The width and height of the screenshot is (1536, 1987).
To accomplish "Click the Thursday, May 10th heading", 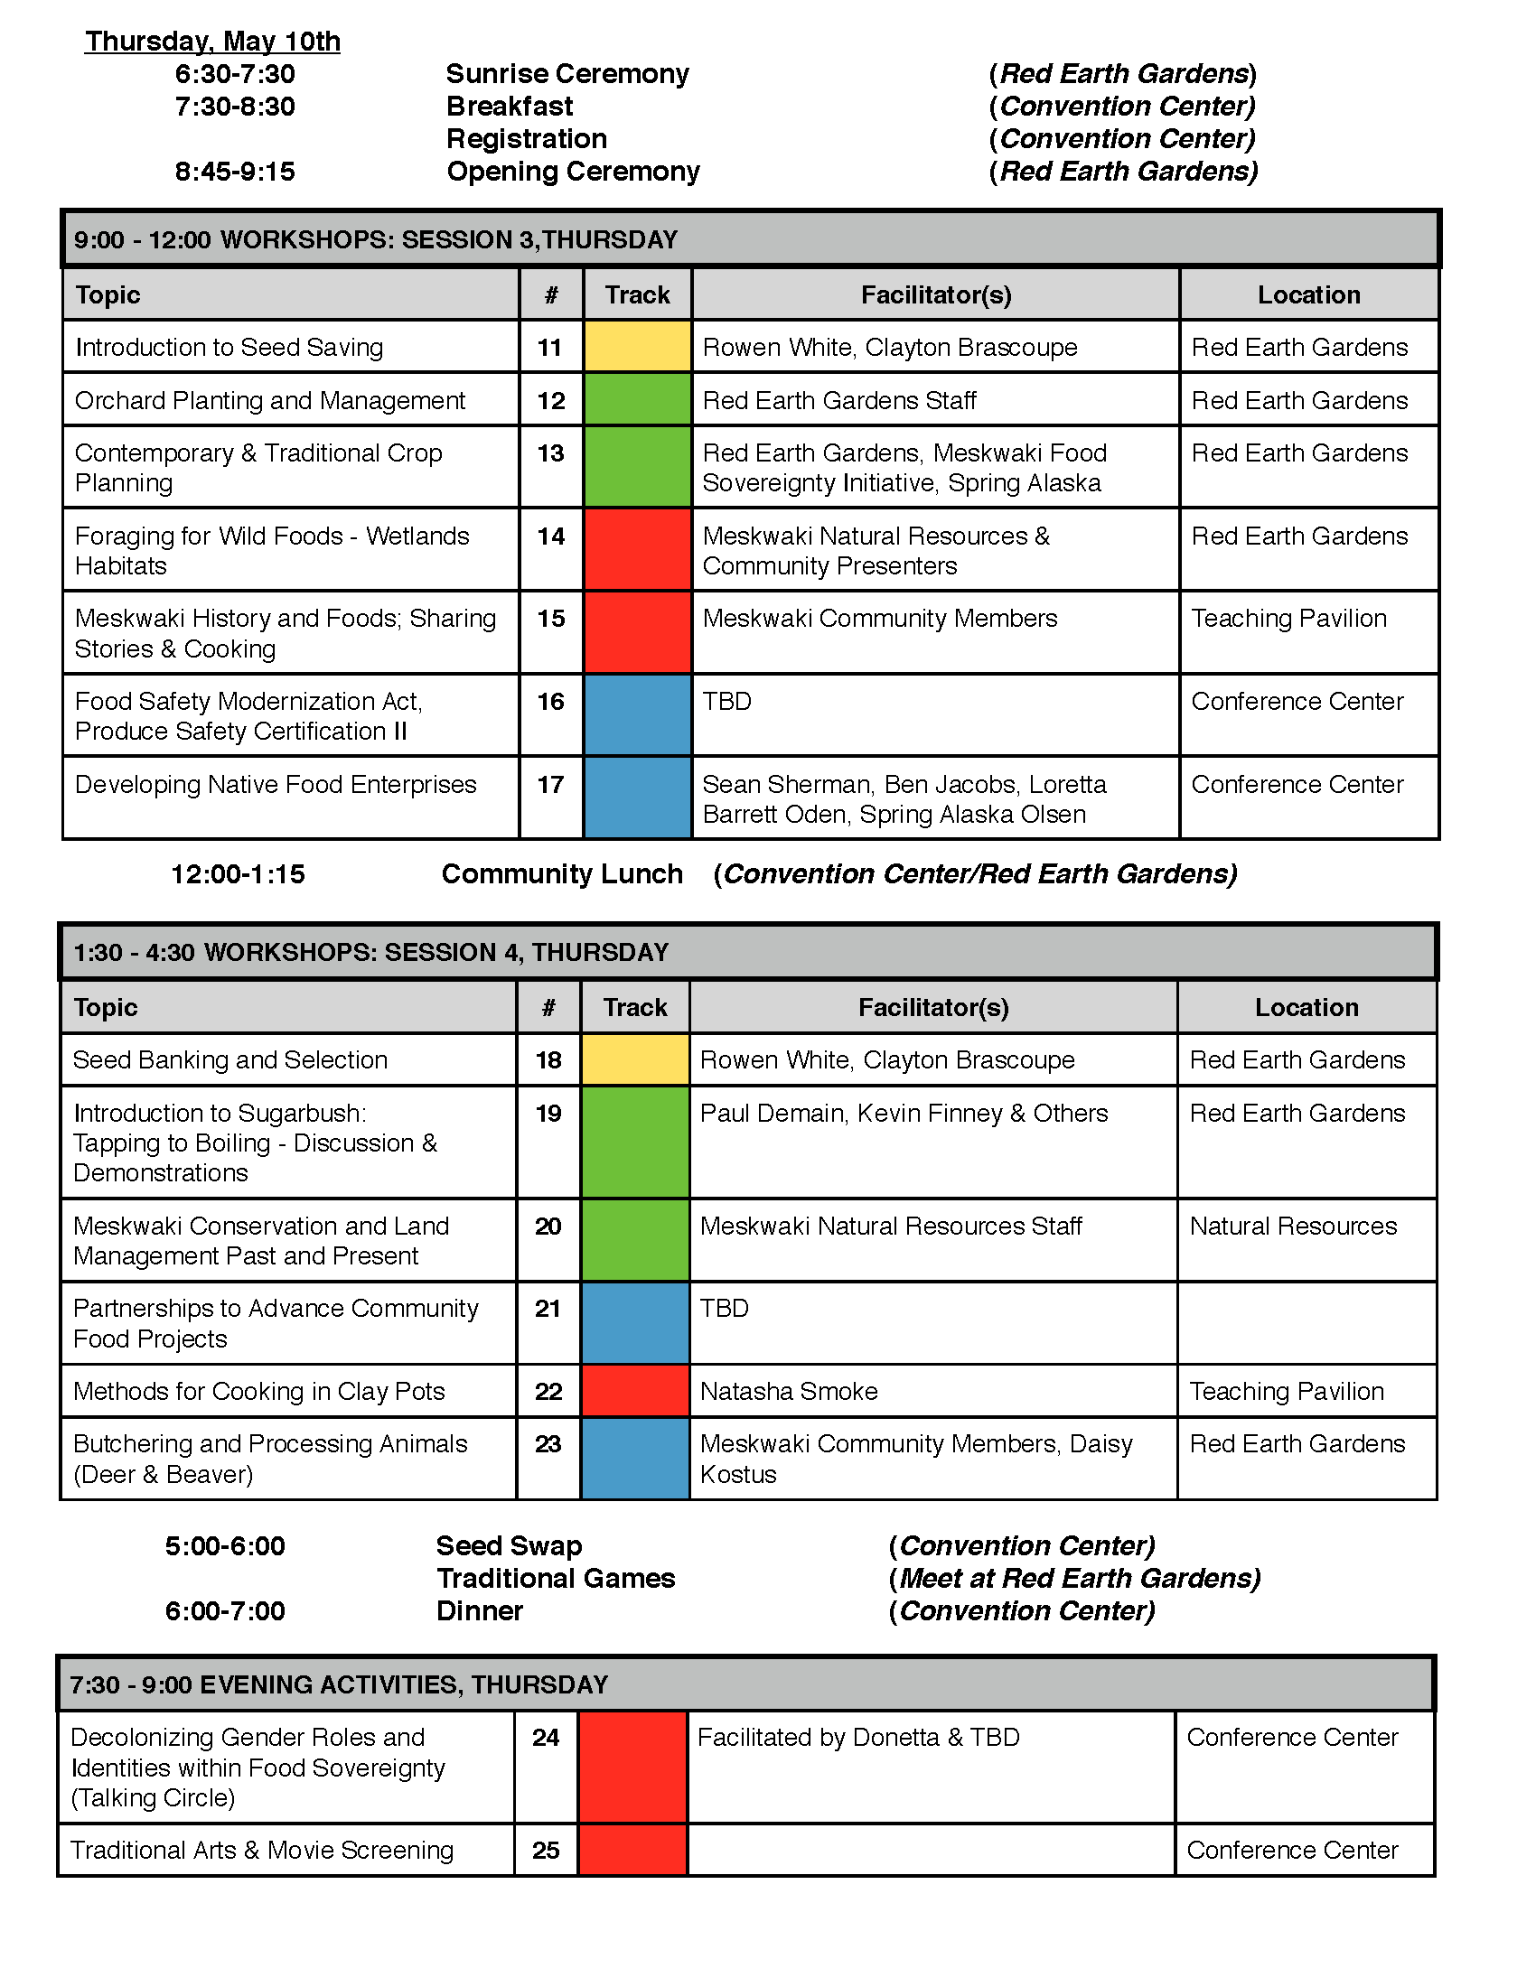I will click(x=212, y=42).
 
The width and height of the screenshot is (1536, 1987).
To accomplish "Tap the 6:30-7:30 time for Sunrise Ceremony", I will click(x=235, y=74).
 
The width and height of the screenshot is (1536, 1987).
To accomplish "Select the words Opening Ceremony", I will click(x=572, y=171).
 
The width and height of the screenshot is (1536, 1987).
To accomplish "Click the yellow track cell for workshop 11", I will click(x=637, y=347).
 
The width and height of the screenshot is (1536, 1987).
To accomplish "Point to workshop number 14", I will click(x=550, y=536).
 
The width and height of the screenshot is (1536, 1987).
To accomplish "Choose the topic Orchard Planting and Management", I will click(x=269, y=400).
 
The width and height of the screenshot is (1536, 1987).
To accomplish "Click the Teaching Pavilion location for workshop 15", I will click(x=1288, y=619).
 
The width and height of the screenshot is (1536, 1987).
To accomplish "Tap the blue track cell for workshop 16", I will click(x=637, y=715).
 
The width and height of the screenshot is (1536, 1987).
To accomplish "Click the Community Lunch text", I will click(x=561, y=873).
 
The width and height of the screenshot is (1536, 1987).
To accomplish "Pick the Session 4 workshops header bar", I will click(x=748, y=953).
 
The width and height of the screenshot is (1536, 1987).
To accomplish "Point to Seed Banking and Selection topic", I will click(x=230, y=1060).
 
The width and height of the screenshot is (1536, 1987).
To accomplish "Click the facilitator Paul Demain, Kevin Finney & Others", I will click(x=904, y=1114).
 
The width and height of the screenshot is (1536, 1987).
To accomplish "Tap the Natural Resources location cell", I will click(x=1292, y=1227).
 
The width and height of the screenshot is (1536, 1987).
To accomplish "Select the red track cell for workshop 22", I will click(x=635, y=1391).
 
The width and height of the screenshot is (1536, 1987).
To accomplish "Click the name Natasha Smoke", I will click(x=788, y=1391).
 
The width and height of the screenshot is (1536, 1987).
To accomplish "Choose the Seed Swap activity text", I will click(x=509, y=1545).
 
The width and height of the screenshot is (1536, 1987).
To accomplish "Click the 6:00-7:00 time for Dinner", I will click(x=225, y=1611).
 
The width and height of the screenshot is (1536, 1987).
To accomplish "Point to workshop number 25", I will click(x=546, y=1851).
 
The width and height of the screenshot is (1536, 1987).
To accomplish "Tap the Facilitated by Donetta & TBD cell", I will click(x=858, y=1738).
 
